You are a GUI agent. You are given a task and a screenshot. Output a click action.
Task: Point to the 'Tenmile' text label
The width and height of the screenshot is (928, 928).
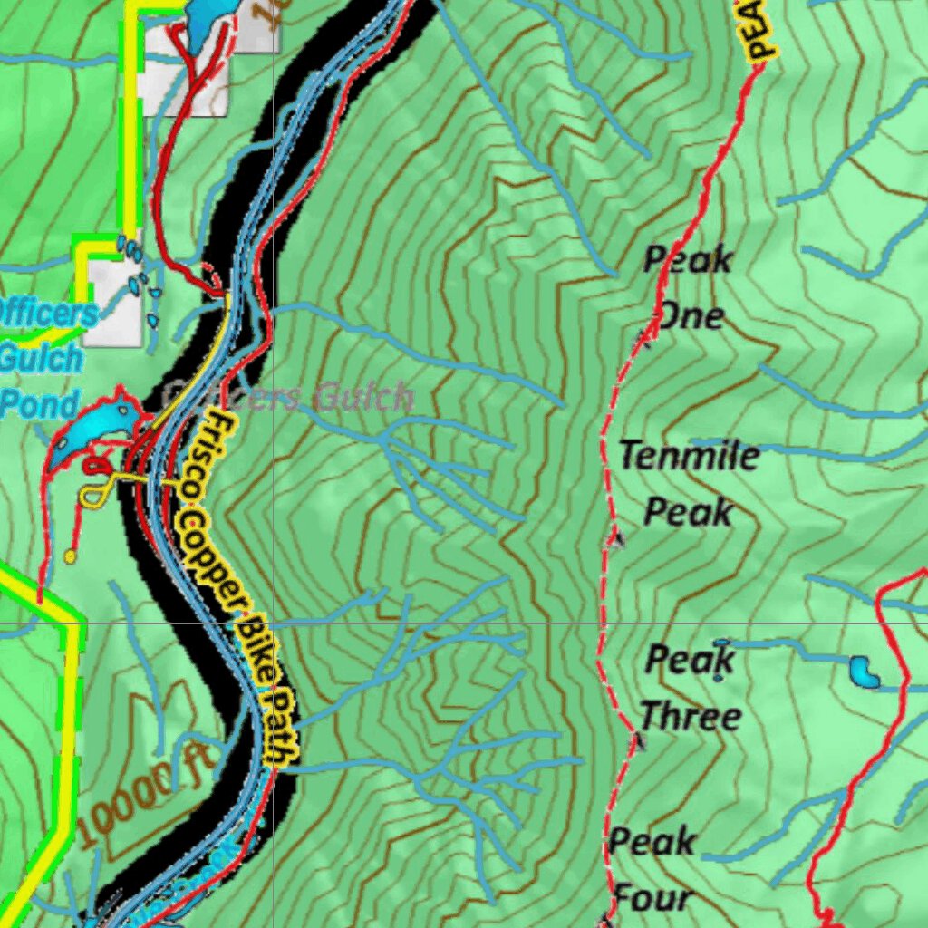coord(689,454)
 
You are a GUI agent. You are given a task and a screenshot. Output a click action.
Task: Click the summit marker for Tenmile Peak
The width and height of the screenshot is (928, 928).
coord(616,540)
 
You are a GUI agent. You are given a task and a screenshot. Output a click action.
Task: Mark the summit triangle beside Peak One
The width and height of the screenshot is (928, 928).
coord(646,338)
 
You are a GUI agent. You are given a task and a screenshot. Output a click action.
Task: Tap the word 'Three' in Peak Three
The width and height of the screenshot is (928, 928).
coord(691,716)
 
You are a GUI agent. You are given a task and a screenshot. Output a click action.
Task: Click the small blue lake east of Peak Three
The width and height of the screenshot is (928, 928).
coord(864,672)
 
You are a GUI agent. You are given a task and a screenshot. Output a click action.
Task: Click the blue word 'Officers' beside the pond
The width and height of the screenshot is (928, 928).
coord(45,314)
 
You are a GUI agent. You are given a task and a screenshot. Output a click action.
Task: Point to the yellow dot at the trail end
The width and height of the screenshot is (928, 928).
coord(70,556)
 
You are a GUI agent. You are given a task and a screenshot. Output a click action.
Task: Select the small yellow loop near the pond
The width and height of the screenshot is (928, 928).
coord(92,492)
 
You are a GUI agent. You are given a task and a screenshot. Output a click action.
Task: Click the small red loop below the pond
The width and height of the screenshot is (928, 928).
coord(94,465)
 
